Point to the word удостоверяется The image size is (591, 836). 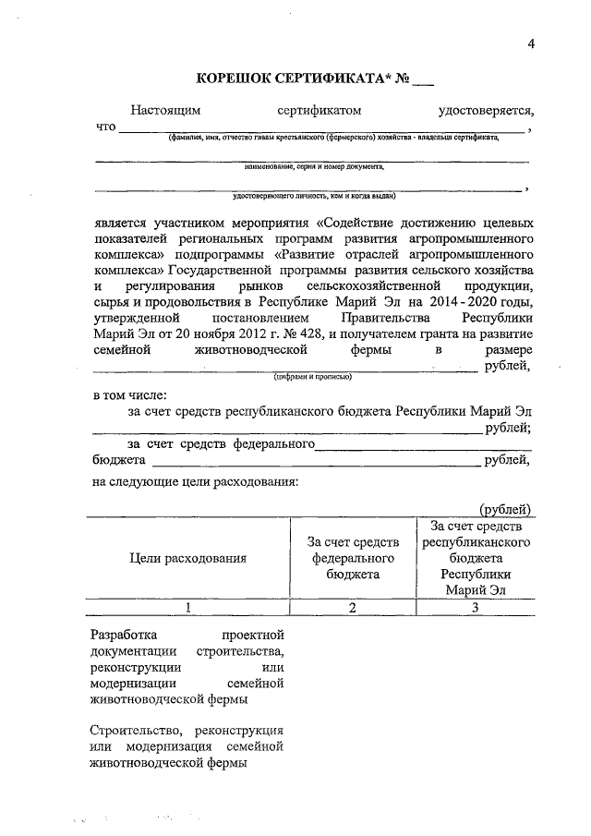(x=486, y=111)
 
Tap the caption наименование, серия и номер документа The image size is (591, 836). (x=314, y=167)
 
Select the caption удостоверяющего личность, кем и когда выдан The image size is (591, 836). (x=314, y=196)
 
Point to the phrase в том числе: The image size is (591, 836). (x=130, y=395)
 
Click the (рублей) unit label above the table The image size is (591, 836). (x=505, y=509)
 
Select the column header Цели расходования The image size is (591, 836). (x=187, y=558)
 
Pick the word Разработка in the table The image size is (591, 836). (x=125, y=636)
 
